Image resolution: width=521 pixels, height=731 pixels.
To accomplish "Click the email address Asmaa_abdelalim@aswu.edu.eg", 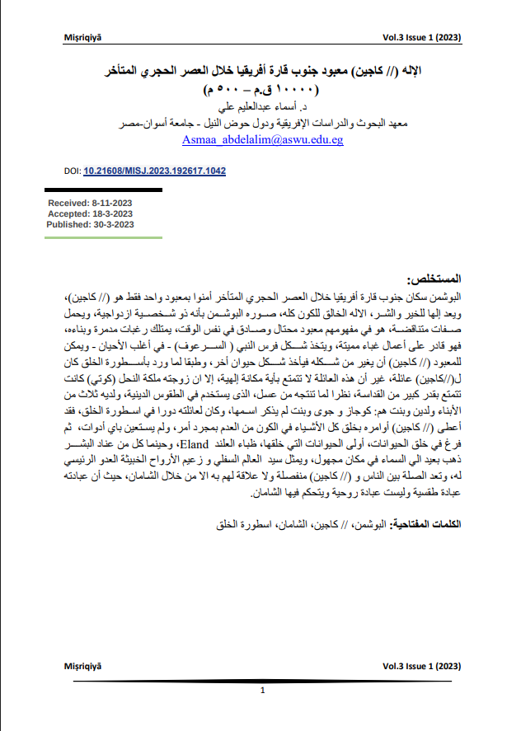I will click(x=262, y=141).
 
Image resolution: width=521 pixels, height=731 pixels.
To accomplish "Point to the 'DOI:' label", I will click(x=72, y=171).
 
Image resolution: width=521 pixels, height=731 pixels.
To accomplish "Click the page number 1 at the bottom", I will click(x=261, y=691).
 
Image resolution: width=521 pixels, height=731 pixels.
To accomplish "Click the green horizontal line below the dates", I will click(x=91, y=238).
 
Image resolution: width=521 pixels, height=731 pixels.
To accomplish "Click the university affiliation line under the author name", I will click(x=261, y=124).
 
